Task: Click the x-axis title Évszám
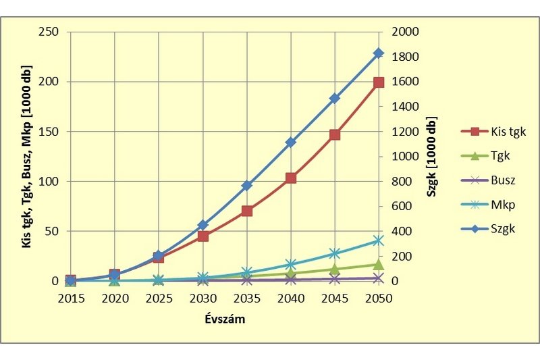point(224,320)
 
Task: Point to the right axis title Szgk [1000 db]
point(431,157)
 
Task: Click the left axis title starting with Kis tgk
point(28,157)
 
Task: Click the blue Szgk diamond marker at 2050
point(378,53)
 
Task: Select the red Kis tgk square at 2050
point(378,82)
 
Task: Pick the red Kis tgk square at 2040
point(290,178)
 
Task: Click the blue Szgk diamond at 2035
point(246,185)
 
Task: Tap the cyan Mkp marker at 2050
point(378,240)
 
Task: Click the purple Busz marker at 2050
point(378,278)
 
